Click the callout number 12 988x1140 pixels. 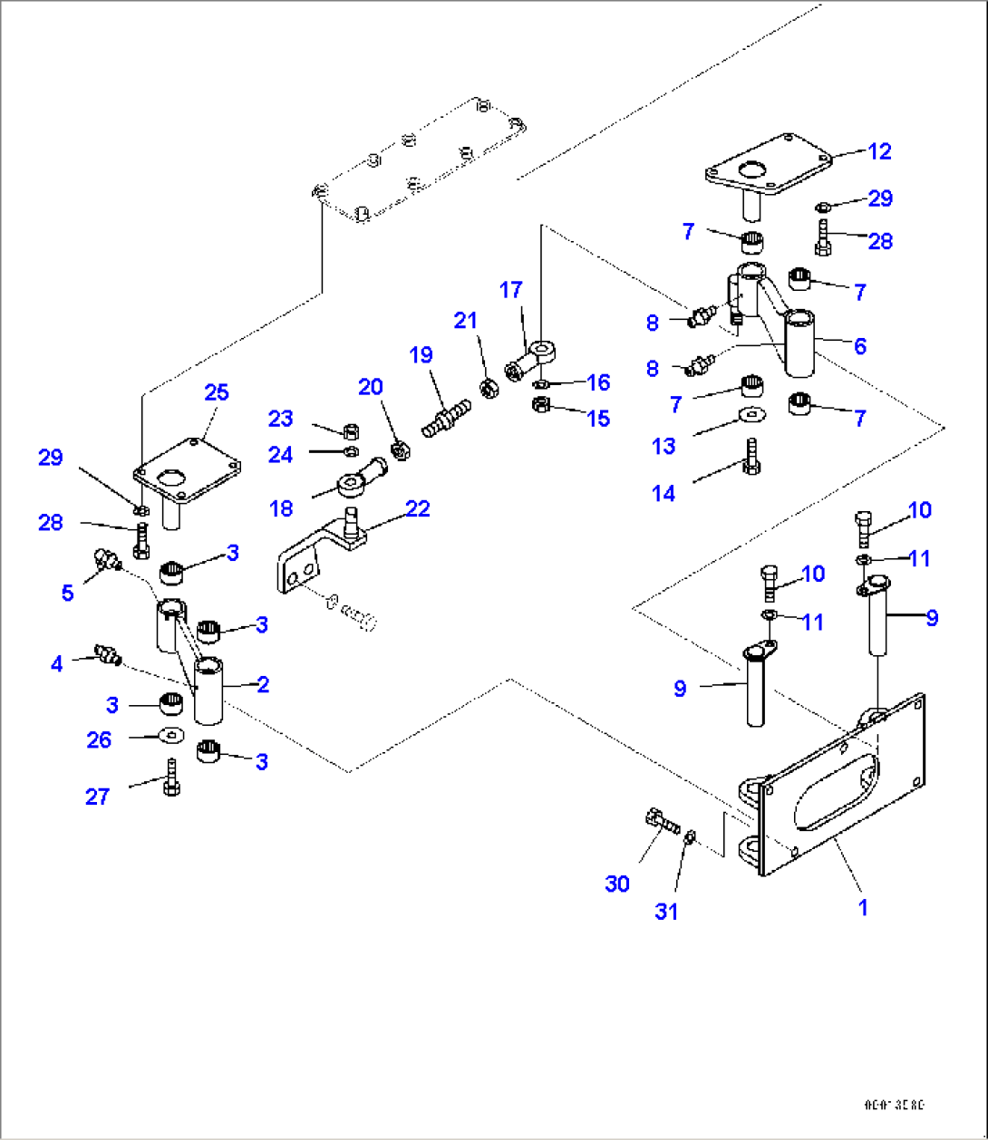click(x=879, y=151)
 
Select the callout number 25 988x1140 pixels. click(x=216, y=392)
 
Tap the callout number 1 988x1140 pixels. click(x=863, y=907)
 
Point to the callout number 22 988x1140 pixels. click(x=417, y=508)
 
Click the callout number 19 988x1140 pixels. click(x=421, y=354)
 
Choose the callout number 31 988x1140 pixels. click(x=666, y=912)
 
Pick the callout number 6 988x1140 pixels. click(x=859, y=345)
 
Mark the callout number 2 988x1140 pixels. click(x=263, y=684)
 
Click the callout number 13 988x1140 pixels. click(x=664, y=446)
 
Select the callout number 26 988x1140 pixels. click(x=99, y=739)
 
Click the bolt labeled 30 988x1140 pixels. click(x=663, y=823)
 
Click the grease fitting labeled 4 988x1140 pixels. click(x=108, y=653)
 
